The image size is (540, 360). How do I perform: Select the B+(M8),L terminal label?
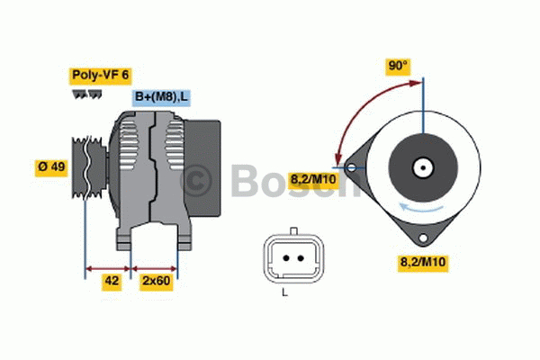pyautogui.click(x=163, y=96)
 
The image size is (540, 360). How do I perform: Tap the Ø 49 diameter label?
pyautogui.click(x=51, y=167)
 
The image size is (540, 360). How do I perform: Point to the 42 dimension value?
pyautogui.click(x=111, y=281)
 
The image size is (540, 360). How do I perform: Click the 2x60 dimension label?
pyautogui.click(x=156, y=281)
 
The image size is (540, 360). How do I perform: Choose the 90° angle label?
pyautogui.click(x=398, y=66)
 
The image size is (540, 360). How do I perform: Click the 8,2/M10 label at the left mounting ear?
pyautogui.click(x=312, y=180)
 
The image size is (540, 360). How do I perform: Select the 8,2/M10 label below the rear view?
pyautogui.click(x=423, y=262)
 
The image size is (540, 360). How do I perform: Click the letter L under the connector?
pyautogui.click(x=285, y=293)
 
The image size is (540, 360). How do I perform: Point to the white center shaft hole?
pyautogui.click(x=421, y=166)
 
